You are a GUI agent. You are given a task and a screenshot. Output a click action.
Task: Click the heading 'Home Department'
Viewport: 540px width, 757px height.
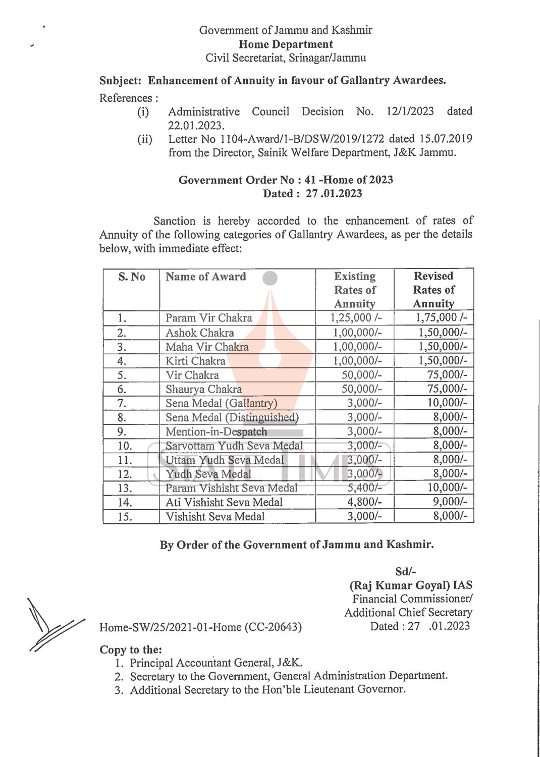point(286,44)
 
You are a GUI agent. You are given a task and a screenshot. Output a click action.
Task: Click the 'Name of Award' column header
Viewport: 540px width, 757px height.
point(205,277)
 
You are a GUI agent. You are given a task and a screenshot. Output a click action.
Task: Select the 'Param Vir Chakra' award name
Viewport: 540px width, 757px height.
point(208,318)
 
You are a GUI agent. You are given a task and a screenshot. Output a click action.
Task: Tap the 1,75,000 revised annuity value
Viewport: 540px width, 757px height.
point(441,317)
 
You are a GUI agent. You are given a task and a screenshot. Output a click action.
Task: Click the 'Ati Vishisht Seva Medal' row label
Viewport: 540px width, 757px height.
point(224,502)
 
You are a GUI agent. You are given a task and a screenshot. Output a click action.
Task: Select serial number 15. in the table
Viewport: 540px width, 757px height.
point(125,517)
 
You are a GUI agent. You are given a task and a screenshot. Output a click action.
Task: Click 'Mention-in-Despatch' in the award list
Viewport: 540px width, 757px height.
point(216,432)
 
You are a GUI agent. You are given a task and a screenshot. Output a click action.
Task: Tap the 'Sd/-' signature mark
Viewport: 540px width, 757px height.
point(406,571)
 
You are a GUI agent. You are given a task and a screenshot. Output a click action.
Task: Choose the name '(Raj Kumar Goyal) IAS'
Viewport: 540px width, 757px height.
point(411,585)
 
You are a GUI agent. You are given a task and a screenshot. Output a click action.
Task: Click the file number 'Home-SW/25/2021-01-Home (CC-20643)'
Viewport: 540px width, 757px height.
point(200,627)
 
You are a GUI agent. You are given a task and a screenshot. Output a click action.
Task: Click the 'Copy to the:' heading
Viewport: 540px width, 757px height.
point(131,650)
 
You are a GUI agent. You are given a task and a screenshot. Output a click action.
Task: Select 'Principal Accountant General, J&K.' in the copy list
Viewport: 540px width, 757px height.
point(216,663)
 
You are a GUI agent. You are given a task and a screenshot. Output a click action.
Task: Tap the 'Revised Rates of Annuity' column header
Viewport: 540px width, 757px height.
point(434,290)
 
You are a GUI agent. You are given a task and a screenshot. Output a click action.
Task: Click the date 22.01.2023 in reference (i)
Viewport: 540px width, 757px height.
point(196,125)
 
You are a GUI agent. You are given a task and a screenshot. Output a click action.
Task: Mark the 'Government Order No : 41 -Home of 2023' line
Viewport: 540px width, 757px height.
point(286,180)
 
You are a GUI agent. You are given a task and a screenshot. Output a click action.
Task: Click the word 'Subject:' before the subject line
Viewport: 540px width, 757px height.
point(120,81)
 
